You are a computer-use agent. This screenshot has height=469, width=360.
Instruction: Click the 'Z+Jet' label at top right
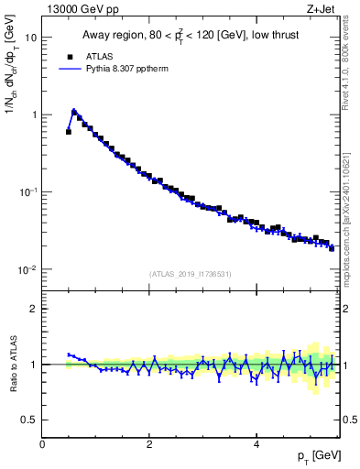(321, 10)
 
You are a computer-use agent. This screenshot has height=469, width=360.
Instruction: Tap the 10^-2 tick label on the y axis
(27, 270)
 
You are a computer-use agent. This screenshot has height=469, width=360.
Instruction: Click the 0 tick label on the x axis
(42, 444)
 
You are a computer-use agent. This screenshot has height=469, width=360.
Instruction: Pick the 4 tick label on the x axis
(256, 444)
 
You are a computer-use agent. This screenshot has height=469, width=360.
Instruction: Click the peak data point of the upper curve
(74, 113)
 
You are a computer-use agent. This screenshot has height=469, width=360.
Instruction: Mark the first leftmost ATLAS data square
(69, 132)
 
